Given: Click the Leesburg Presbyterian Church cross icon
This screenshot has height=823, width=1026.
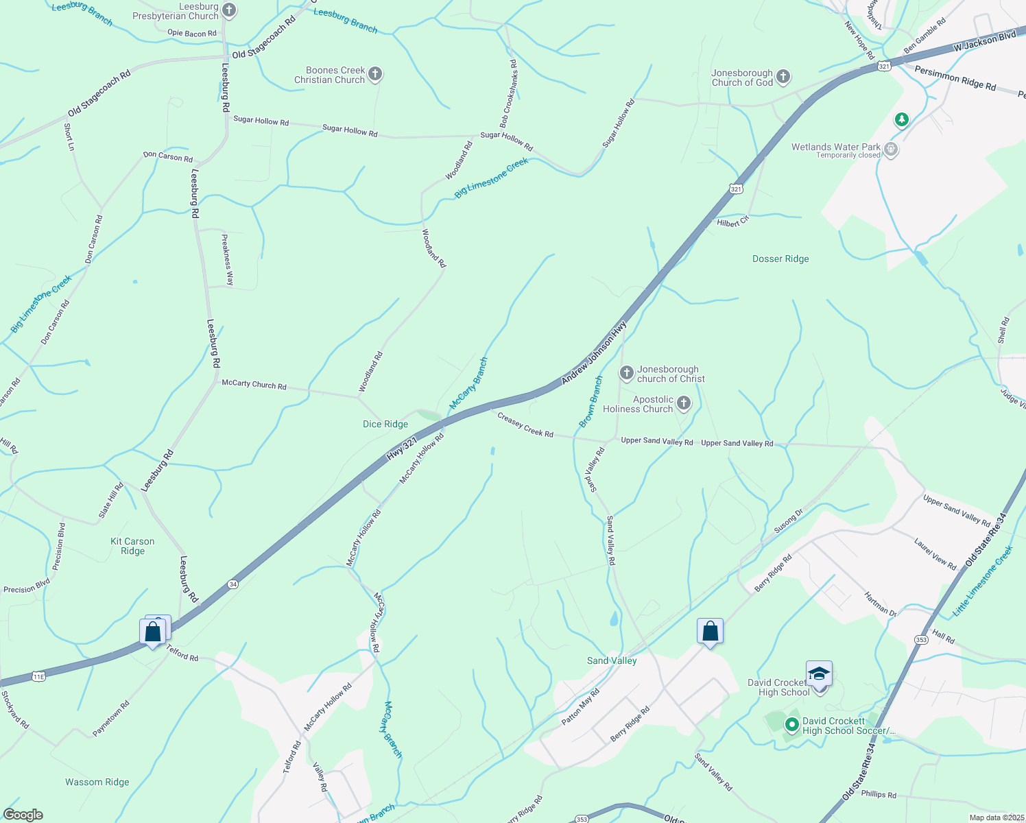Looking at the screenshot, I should click(x=230, y=10).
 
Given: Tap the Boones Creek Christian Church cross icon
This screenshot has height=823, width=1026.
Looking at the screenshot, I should click(x=375, y=74).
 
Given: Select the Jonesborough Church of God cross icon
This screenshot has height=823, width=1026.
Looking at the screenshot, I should click(x=783, y=77).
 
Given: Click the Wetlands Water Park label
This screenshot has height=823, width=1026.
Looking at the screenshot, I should click(x=835, y=147).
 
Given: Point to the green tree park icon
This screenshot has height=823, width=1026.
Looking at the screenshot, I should click(x=902, y=120).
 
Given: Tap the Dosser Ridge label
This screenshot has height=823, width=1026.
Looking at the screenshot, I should click(x=780, y=259).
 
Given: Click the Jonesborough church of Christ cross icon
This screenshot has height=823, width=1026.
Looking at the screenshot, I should click(x=626, y=373).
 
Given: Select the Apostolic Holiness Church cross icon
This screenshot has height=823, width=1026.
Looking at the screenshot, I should click(x=684, y=403).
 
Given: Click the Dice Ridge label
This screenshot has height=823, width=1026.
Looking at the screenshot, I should click(x=385, y=424).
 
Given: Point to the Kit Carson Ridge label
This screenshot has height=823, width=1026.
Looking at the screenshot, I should click(x=132, y=546).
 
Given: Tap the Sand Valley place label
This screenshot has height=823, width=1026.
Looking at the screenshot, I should click(x=612, y=660).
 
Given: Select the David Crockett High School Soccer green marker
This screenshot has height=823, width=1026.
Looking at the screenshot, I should click(x=791, y=724).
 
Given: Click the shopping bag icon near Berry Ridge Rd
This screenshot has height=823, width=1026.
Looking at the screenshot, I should click(x=710, y=631).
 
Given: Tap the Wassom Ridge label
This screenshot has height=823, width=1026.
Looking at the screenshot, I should click(x=97, y=782).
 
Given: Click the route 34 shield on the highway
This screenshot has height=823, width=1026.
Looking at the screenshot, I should click(x=233, y=584).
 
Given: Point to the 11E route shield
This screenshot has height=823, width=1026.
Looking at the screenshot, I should click(x=38, y=676).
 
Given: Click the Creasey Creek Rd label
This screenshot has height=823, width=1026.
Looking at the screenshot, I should click(x=525, y=425).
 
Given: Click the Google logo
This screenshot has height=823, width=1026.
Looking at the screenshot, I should click(x=23, y=815).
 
